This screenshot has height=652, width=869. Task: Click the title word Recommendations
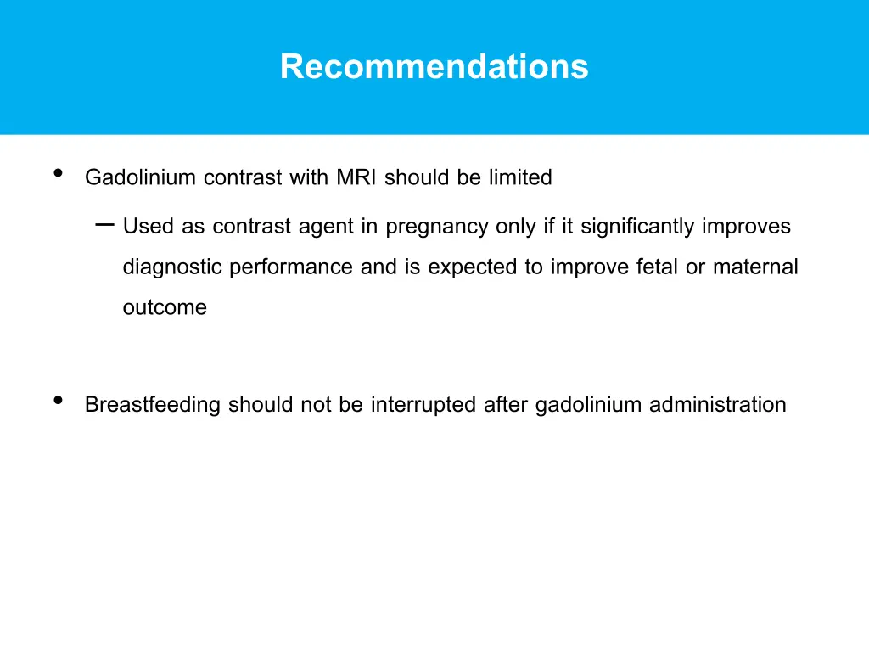click(x=434, y=66)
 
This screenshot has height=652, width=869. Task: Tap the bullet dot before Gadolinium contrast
click(x=58, y=173)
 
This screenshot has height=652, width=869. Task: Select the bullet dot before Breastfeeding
click(x=58, y=401)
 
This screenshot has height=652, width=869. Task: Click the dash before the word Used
click(x=105, y=225)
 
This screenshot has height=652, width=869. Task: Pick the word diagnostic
click(x=173, y=267)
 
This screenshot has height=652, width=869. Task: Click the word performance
click(x=292, y=267)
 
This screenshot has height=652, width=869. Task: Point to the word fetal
click(x=669, y=267)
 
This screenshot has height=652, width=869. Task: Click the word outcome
click(x=165, y=308)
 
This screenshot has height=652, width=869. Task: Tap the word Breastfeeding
click(x=153, y=405)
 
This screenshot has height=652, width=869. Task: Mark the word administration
click(x=717, y=405)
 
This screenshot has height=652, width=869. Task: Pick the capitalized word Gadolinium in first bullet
click(x=141, y=177)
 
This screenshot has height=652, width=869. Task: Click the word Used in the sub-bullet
click(x=149, y=227)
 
